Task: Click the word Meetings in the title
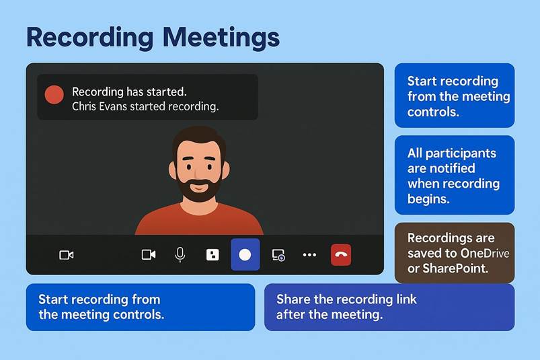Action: pyautogui.click(x=221, y=38)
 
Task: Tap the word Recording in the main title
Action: pyautogui.click(x=90, y=38)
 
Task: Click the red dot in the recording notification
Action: pyautogui.click(x=54, y=94)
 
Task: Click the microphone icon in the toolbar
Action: pyautogui.click(x=180, y=255)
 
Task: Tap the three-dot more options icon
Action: pyautogui.click(x=309, y=255)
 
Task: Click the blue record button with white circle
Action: pyautogui.click(x=245, y=254)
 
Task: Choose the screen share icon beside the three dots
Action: pyautogui.click(x=278, y=255)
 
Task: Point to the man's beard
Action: pyautogui.click(x=199, y=190)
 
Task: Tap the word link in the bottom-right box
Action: pyautogui.click(x=406, y=299)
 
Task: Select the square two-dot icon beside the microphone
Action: pyautogui.click(x=213, y=255)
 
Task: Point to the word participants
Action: pyautogui.click(x=461, y=153)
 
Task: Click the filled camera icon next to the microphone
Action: pyautogui.click(x=149, y=255)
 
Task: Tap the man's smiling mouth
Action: pyautogui.click(x=199, y=188)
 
